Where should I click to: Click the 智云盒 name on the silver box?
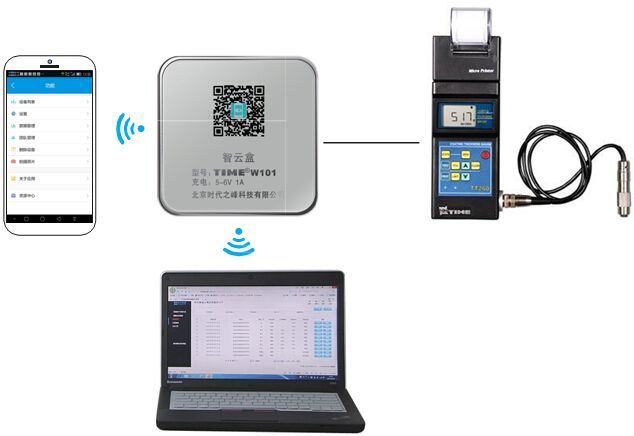[x=237, y=155]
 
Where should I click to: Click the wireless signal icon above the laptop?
[x=237, y=243]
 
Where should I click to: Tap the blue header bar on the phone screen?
[x=50, y=87]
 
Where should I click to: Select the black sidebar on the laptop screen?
[x=181, y=335]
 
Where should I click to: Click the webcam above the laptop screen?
[x=249, y=272]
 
